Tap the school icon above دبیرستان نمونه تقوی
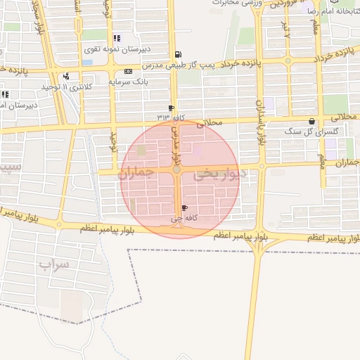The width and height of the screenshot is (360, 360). (x=116, y=39)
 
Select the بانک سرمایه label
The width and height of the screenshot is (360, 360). (x=126, y=82)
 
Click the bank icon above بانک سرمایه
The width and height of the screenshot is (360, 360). (x=127, y=72)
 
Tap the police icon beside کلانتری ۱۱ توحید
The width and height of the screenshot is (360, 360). (x=66, y=76)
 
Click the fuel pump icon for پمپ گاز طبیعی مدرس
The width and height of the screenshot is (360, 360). (x=176, y=54)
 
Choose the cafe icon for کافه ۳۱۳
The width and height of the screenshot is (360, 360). (x=171, y=108)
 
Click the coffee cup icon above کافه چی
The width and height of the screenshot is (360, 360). (x=185, y=208)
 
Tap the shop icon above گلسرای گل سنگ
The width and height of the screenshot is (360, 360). (x=312, y=121)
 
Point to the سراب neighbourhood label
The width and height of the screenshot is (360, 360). (x=54, y=265)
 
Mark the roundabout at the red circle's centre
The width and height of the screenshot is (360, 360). (x=177, y=169)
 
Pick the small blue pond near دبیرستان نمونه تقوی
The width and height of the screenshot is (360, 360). (x=87, y=62)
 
